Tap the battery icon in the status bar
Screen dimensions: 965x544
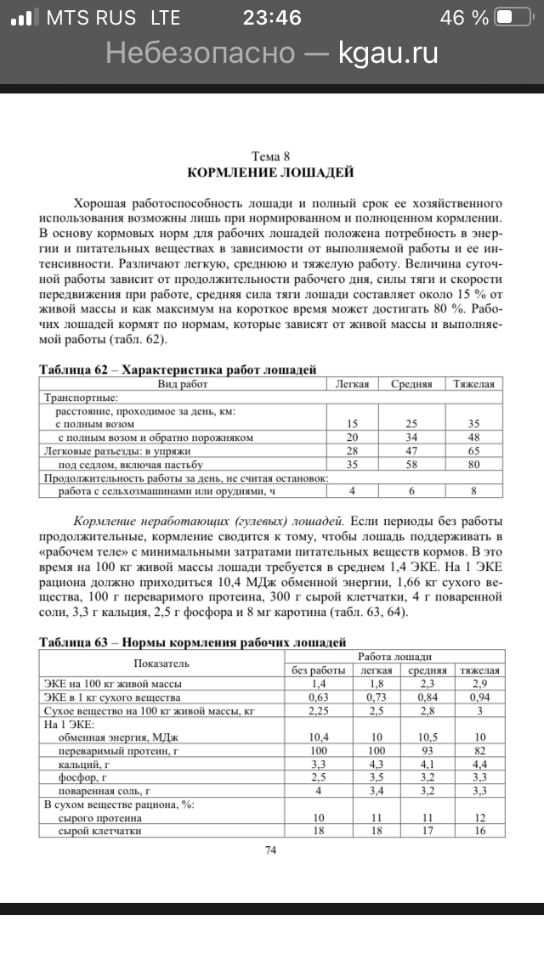click(514, 18)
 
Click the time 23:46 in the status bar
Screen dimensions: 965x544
click(272, 18)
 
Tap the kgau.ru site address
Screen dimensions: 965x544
click(388, 53)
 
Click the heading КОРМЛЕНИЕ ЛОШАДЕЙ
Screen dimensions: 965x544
click(271, 172)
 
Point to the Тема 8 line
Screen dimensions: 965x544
click(271, 156)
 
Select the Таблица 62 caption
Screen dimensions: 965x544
click(178, 370)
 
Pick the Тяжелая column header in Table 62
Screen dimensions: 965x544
click(473, 384)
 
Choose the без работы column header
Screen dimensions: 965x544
click(318, 670)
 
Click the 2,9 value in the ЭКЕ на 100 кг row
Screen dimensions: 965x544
click(479, 683)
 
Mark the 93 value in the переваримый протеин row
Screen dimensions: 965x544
click(428, 750)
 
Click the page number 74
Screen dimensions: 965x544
click(271, 849)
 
